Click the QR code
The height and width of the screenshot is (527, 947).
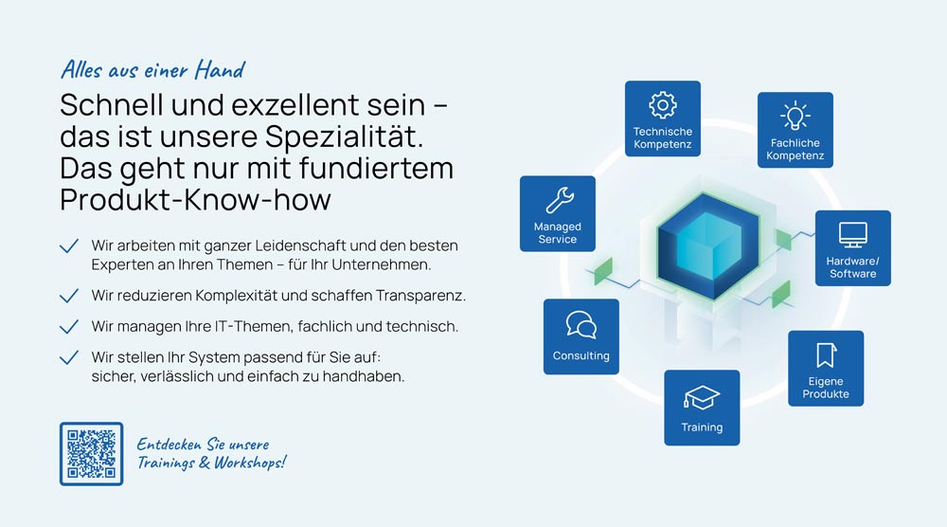[x=91, y=454]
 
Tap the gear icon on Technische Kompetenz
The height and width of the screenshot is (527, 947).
[x=663, y=105]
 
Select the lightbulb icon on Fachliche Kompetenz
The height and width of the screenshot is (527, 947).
[x=795, y=116]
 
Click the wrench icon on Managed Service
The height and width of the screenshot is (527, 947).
[x=560, y=200]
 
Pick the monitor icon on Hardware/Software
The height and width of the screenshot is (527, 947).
[x=853, y=234]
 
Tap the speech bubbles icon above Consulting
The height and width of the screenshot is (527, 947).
[x=581, y=324]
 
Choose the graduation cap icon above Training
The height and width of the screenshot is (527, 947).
[x=702, y=398]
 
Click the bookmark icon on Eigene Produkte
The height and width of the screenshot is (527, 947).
[x=826, y=354]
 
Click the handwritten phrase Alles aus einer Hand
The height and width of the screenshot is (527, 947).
[x=152, y=70]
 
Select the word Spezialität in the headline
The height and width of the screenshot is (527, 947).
[x=345, y=136]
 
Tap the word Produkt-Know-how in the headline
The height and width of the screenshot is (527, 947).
[x=196, y=199]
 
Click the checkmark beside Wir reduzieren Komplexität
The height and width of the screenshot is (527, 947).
[x=69, y=296]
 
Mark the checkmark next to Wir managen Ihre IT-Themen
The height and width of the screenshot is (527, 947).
[x=69, y=326]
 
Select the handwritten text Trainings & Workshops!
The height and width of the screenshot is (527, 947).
[x=211, y=463]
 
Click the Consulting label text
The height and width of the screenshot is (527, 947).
[x=581, y=356]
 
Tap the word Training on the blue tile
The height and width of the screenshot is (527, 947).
[x=702, y=427]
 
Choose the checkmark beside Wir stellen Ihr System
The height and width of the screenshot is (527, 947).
[x=69, y=357]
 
